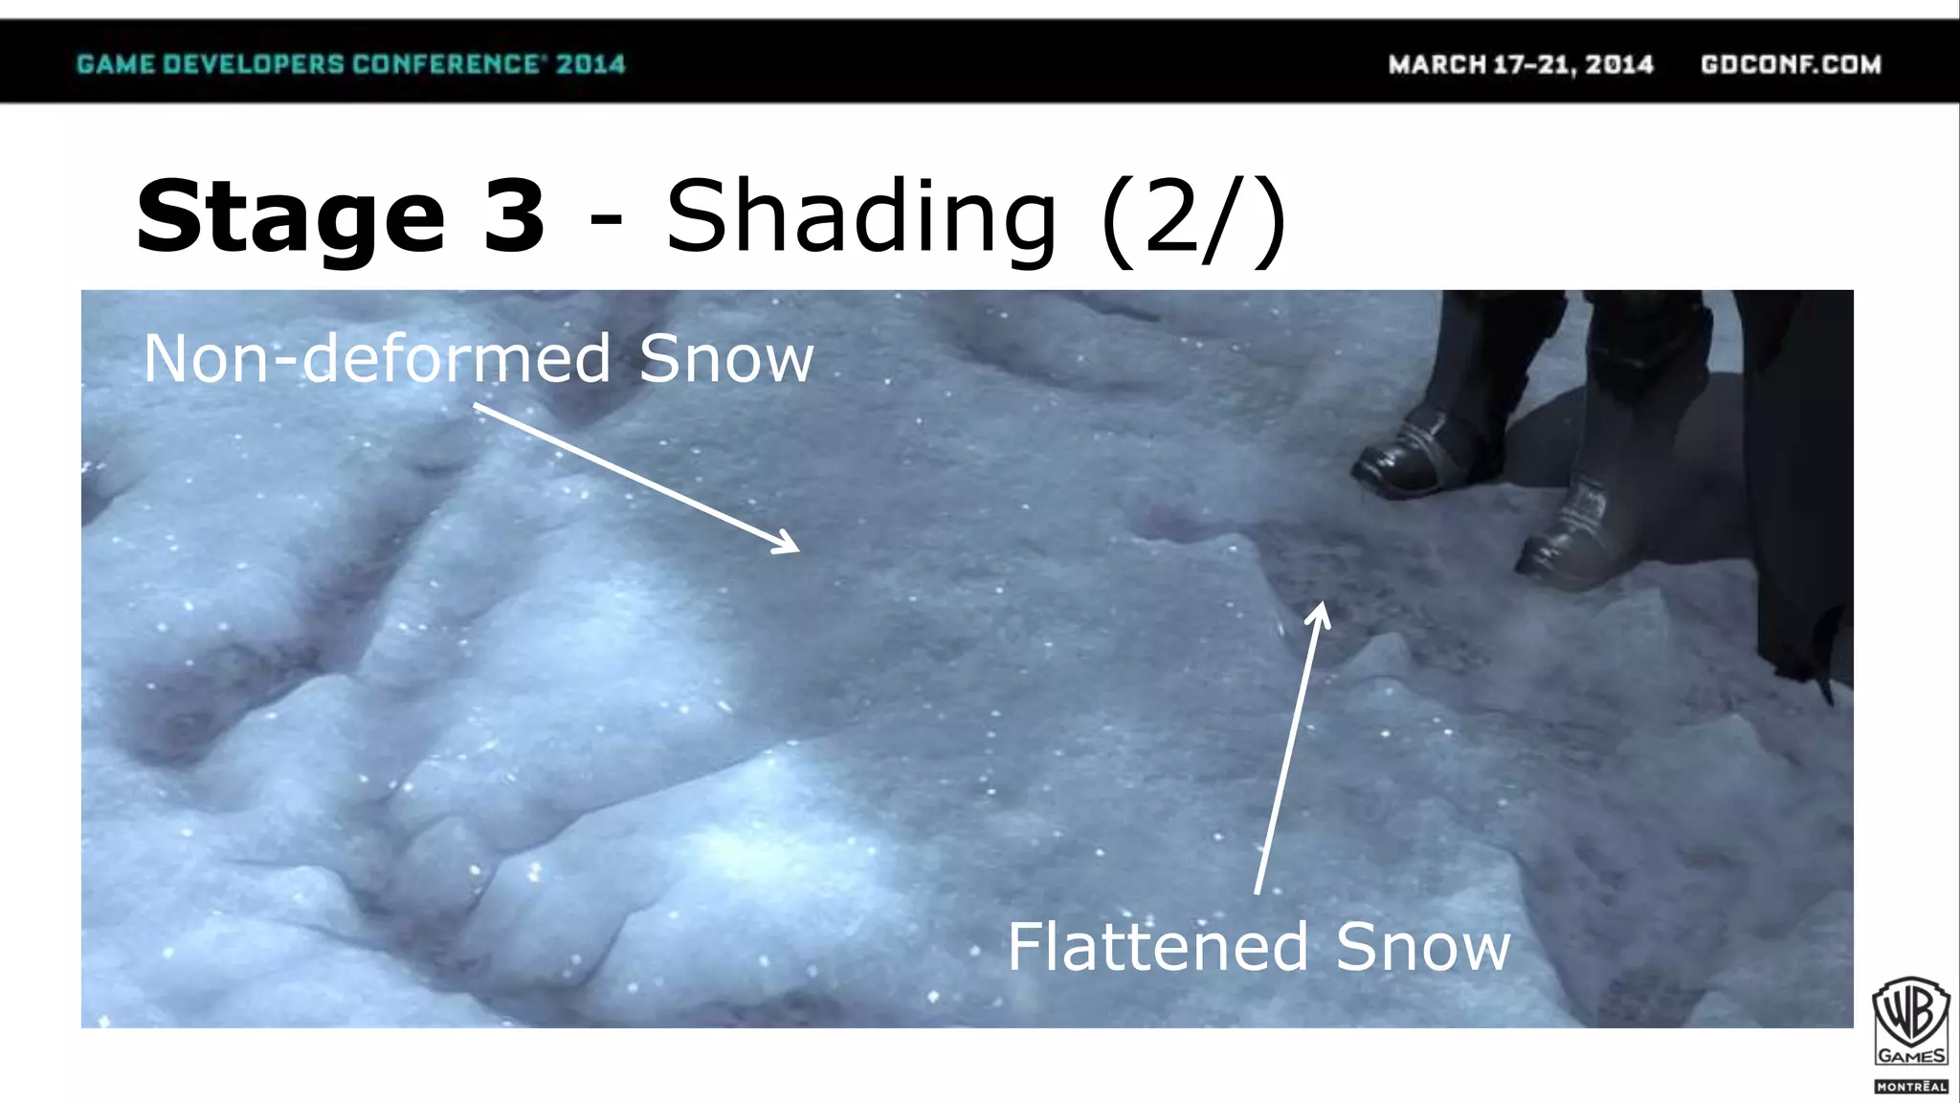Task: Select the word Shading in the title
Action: coord(860,218)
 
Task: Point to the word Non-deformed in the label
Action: coord(377,359)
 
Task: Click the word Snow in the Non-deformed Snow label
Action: coord(726,359)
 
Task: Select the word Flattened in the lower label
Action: coord(1157,947)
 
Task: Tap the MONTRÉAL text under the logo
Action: coord(1910,1087)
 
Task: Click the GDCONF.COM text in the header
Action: coord(1791,64)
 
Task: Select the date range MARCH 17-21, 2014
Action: coord(1521,64)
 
